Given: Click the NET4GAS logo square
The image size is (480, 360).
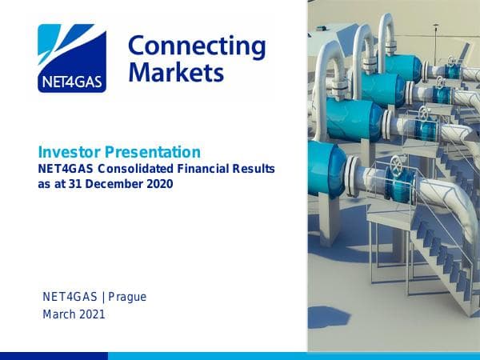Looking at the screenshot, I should [x=71, y=58].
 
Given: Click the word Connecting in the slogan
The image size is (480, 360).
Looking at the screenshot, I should [x=196, y=45].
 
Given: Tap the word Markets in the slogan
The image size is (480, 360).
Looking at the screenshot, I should [x=176, y=73].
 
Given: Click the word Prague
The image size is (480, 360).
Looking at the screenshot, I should [x=127, y=298].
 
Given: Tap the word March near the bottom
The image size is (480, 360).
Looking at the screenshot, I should [x=58, y=314].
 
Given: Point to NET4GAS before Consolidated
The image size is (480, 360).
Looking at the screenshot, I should [x=67, y=169].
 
